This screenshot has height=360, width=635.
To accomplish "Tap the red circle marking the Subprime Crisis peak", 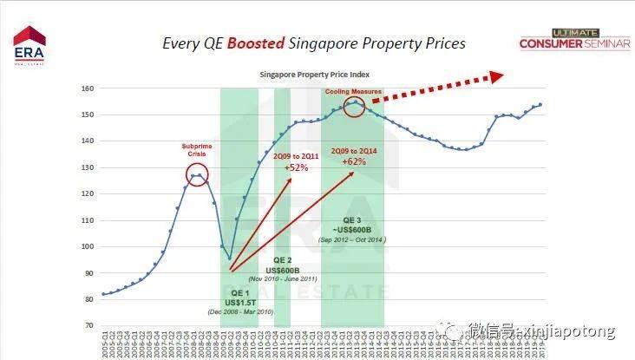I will coord(198,175).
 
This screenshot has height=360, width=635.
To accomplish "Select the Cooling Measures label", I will coord(354,91).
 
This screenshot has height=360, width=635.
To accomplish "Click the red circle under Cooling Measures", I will coord(354,107).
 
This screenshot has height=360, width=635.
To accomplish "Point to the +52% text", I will coord(297,167).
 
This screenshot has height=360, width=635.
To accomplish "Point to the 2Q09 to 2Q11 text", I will coord(297,156).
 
